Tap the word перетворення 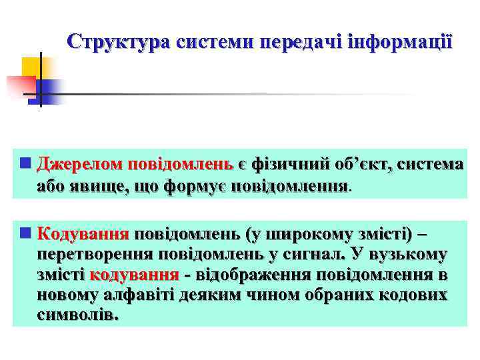[x=97, y=255]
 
